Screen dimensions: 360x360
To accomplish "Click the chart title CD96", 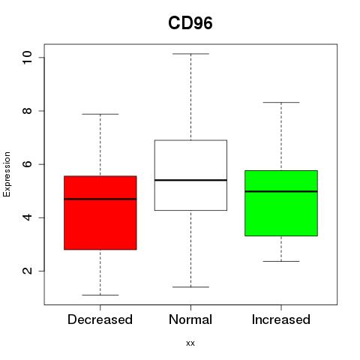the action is [x=190, y=23].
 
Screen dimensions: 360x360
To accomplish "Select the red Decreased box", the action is [x=100, y=213].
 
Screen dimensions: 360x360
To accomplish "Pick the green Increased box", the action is [x=281, y=203].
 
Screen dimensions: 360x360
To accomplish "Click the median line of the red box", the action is [x=100, y=199].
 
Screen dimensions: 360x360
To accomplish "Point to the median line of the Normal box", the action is [x=190, y=180].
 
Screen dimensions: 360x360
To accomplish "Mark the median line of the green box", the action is [x=281, y=191].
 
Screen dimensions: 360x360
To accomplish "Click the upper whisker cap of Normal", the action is [x=190, y=54].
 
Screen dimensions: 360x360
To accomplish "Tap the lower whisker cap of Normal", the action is [x=190, y=287].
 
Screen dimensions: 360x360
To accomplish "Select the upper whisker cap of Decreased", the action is [x=100, y=114].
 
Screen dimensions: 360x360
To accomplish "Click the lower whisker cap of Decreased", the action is [x=100, y=295].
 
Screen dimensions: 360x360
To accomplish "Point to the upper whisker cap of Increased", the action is [x=281, y=102].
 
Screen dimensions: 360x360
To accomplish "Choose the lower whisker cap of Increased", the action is [x=281, y=261].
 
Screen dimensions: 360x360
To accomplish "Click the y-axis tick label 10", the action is [x=27, y=57].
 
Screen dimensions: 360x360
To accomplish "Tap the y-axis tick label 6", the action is [x=27, y=164].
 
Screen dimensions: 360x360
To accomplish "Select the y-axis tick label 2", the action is [x=27, y=271].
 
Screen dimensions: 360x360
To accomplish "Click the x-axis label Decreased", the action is [x=100, y=319].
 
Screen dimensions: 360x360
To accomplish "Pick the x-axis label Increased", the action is [x=281, y=319].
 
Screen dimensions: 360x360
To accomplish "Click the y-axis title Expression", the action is [x=7, y=174].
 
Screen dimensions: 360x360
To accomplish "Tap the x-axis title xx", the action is [x=190, y=343].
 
